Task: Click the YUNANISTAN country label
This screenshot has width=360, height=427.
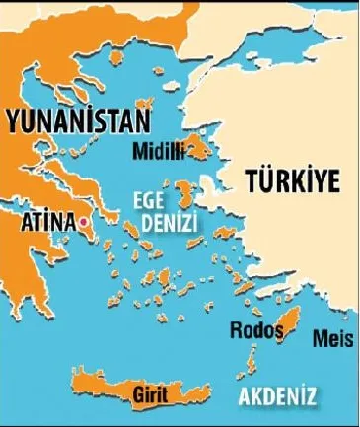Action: point(77,121)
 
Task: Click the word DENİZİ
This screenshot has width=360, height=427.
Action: point(169,224)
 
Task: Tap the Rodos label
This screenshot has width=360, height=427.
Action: point(252,328)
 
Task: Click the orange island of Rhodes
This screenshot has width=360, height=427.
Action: point(285,323)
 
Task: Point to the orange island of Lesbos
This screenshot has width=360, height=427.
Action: point(200,149)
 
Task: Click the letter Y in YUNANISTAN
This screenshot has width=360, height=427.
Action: point(13,121)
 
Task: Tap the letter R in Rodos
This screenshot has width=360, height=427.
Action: point(233,328)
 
